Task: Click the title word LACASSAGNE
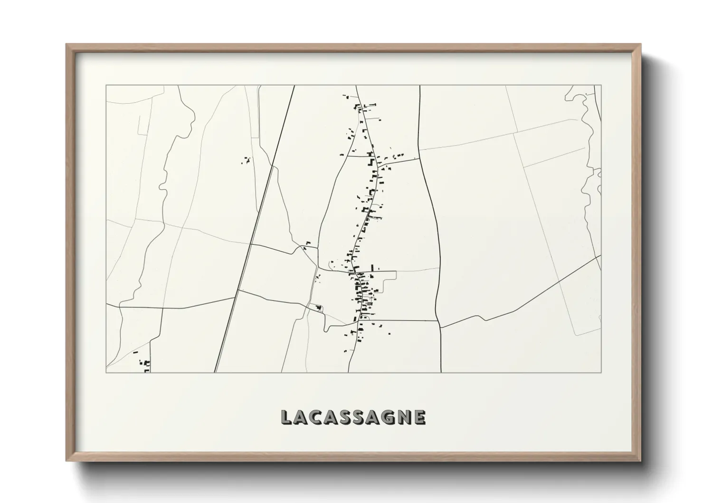pos(353,417)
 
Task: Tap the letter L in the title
pos(286,417)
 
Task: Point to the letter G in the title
pos(389,417)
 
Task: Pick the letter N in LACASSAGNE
pos(405,417)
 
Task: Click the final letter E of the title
pos(419,417)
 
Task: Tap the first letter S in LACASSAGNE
pos(345,417)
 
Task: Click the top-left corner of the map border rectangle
pos(106,86)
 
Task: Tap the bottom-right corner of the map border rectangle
pos(601,372)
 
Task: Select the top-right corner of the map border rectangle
pos(601,86)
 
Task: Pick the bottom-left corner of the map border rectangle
pos(106,372)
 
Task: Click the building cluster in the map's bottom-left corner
pos(143,362)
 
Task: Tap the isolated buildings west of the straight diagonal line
pos(246,161)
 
